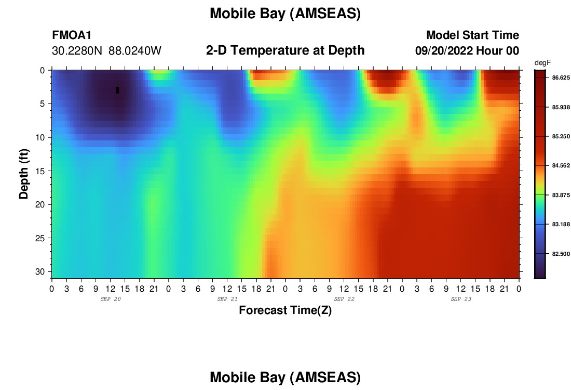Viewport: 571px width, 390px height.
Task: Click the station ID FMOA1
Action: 72,35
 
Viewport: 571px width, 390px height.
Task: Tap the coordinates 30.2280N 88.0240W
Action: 106,51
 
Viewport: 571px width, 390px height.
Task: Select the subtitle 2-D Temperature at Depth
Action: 285,50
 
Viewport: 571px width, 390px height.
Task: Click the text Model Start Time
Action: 473,35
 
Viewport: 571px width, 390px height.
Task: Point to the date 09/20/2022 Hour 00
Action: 467,51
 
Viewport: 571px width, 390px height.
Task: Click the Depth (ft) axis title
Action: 24,174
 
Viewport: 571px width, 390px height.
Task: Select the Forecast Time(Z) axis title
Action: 285,310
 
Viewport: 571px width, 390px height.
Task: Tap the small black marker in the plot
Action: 118,90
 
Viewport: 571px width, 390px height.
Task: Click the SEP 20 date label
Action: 111,299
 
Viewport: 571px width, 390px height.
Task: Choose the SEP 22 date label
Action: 344,299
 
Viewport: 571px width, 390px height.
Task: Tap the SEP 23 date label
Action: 461,299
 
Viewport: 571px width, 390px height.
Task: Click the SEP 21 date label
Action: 227,299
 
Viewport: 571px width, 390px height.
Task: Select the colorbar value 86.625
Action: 561,77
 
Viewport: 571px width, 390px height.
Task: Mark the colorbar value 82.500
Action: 561,254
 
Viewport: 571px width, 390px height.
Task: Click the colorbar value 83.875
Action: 561,195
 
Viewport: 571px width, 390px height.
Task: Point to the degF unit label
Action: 542,63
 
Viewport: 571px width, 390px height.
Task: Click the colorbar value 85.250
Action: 561,136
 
